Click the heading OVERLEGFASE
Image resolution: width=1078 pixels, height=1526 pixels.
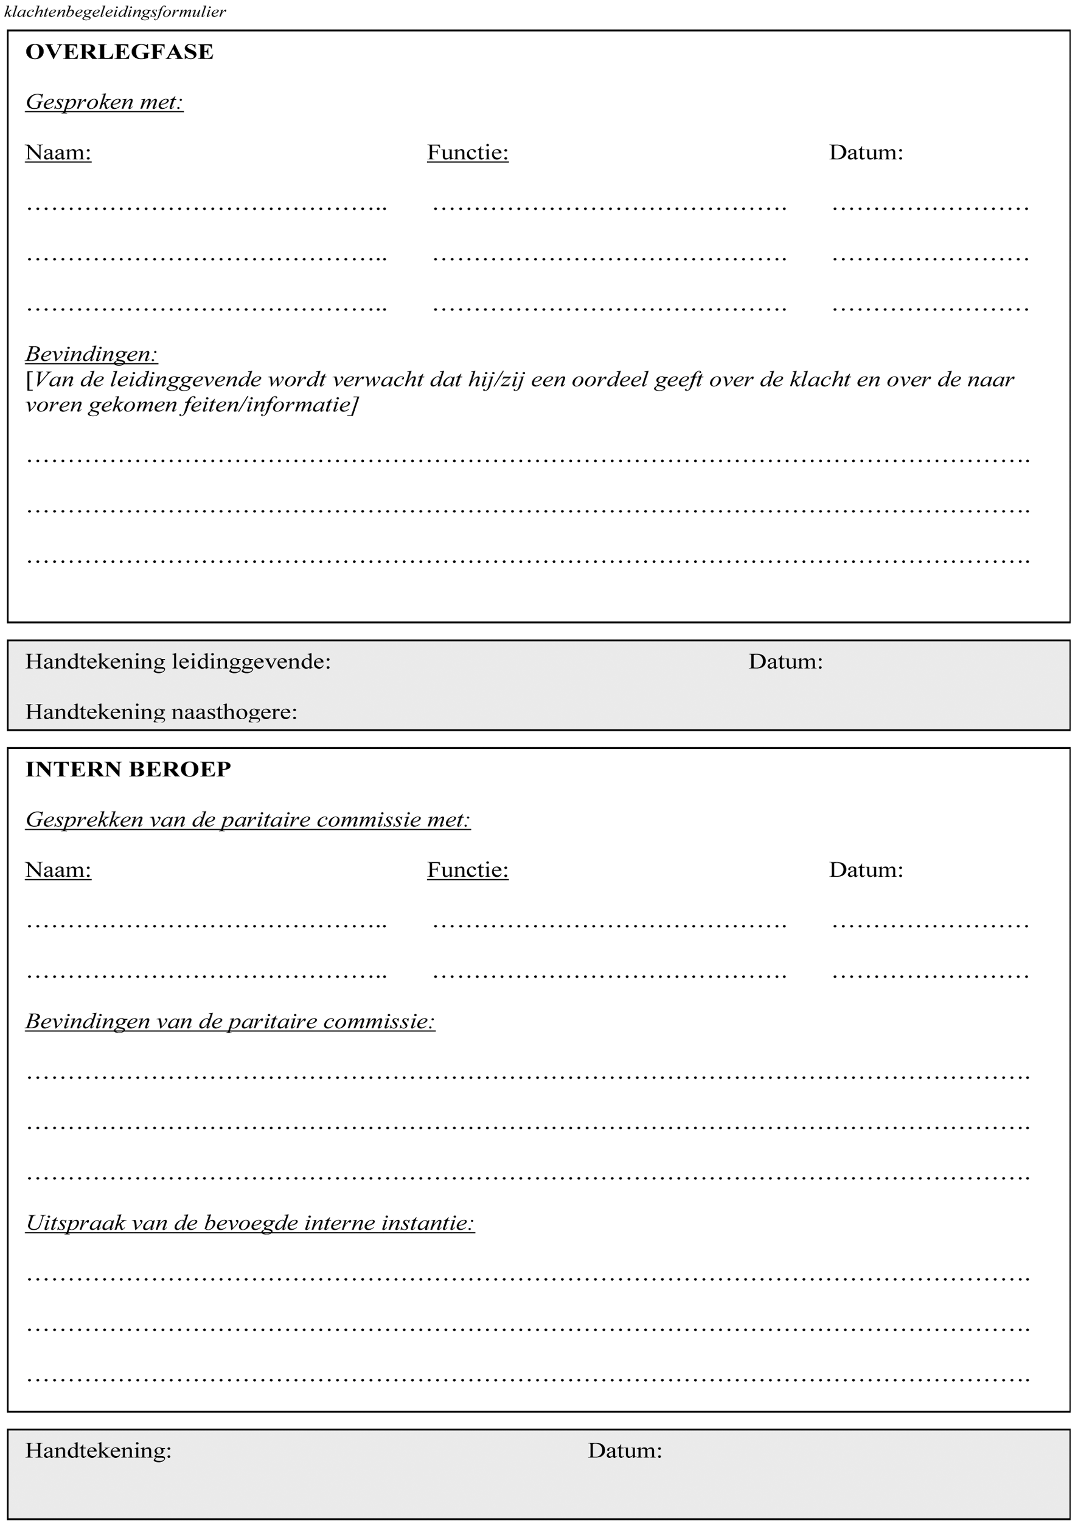pyautogui.click(x=120, y=52)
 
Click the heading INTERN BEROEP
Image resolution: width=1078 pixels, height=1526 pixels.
pyautogui.click(x=128, y=769)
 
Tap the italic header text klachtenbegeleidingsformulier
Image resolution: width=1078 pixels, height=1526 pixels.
pyautogui.click(x=115, y=12)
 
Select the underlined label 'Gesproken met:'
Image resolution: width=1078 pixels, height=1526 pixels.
pyautogui.click(x=105, y=102)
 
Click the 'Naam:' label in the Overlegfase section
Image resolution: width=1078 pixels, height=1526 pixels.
pyautogui.click(x=58, y=153)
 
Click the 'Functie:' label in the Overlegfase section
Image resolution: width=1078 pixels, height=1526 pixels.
pyautogui.click(x=468, y=153)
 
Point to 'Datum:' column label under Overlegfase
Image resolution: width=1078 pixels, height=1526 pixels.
pyautogui.click(x=866, y=153)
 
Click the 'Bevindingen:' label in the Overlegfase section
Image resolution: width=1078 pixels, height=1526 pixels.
pyautogui.click(x=92, y=354)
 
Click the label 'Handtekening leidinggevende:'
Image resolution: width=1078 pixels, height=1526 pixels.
pyautogui.click(x=178, y=661)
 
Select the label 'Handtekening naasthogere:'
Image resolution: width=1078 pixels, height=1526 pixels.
pyautogui.click(x=161, y=712)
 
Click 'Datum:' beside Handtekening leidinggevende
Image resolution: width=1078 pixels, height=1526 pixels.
pyautogui.click(x=785, y=661)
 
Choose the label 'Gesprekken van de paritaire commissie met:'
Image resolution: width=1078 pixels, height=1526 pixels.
pyautogui.click(x=248, y=820)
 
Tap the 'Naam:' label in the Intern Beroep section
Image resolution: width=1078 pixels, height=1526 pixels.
pyautogui.click(x=58, y=870)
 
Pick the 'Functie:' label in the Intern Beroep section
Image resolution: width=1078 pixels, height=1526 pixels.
pyautogui.click(x=468, y=870)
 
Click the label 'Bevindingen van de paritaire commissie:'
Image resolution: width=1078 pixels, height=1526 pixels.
pyautogui.click(x=230, y=1022)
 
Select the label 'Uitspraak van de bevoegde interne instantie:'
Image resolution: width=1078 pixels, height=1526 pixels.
pyautogui.click(x=250, y=1223)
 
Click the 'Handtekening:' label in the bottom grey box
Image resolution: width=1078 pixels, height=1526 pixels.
pyautogui.click(x=99, y=1450)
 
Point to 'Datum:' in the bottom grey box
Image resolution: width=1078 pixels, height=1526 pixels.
pyautogui.click(x=625, y=1450)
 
